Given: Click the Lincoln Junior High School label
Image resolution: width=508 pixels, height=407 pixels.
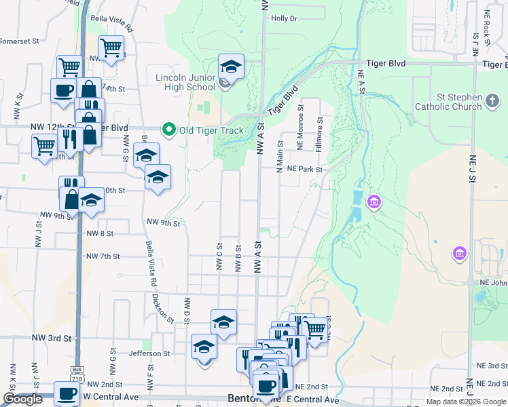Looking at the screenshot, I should [x=185, y=82].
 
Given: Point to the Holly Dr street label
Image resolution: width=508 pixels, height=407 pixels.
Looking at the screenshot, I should [x=284, y=18].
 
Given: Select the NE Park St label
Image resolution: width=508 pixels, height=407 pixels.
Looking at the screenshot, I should [x=304, y=169].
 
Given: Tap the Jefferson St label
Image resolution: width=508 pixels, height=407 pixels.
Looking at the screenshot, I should [x=149, y=353].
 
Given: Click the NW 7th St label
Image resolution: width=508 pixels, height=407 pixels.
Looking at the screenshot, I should [x=103, y=256].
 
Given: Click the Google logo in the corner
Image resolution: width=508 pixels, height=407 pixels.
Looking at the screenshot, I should [x=22, y=400].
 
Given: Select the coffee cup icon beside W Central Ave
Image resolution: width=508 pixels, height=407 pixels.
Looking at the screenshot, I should [x=66, y=393].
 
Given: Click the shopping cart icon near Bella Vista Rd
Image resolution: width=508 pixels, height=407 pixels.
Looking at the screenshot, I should [x=111, y=47].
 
